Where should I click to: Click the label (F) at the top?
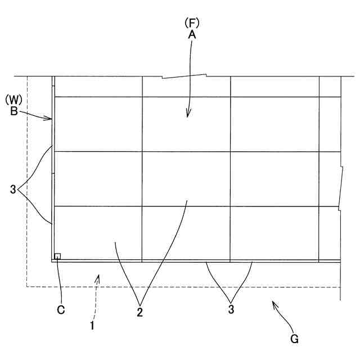192,22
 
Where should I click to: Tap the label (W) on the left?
13,100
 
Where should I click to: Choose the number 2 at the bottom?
139,312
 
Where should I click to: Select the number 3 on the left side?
13,190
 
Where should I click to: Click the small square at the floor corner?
57,256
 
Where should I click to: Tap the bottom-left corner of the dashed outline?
27,287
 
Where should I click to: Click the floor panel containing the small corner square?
98,233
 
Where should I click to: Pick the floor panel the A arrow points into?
186,124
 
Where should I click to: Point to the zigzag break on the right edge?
341,188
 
